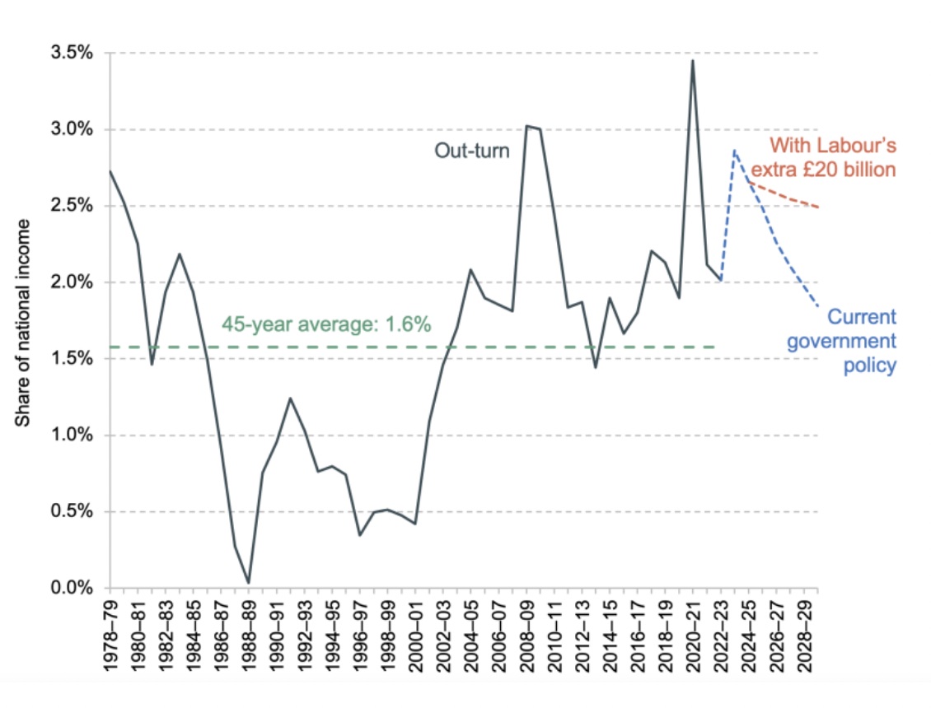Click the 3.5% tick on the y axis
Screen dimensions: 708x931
click(x=72, y=54)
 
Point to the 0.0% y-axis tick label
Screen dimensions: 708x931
click(x=72, y=589)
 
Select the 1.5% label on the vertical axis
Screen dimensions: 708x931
click(x=72, y=359)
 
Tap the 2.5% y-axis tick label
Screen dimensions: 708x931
click(x=72, y=206)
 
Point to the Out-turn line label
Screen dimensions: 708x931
click(x=472, y=151)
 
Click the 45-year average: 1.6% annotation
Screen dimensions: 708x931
click(x=326, y=324)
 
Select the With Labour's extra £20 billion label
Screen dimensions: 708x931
click(x=832, y=158)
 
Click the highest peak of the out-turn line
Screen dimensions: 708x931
click(x=693, y=60)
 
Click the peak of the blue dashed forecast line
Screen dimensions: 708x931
click(x=734, y=151)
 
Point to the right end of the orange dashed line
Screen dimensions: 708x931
click(x=818, y=207)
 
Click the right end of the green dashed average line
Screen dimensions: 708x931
click(x=715, y=347)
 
